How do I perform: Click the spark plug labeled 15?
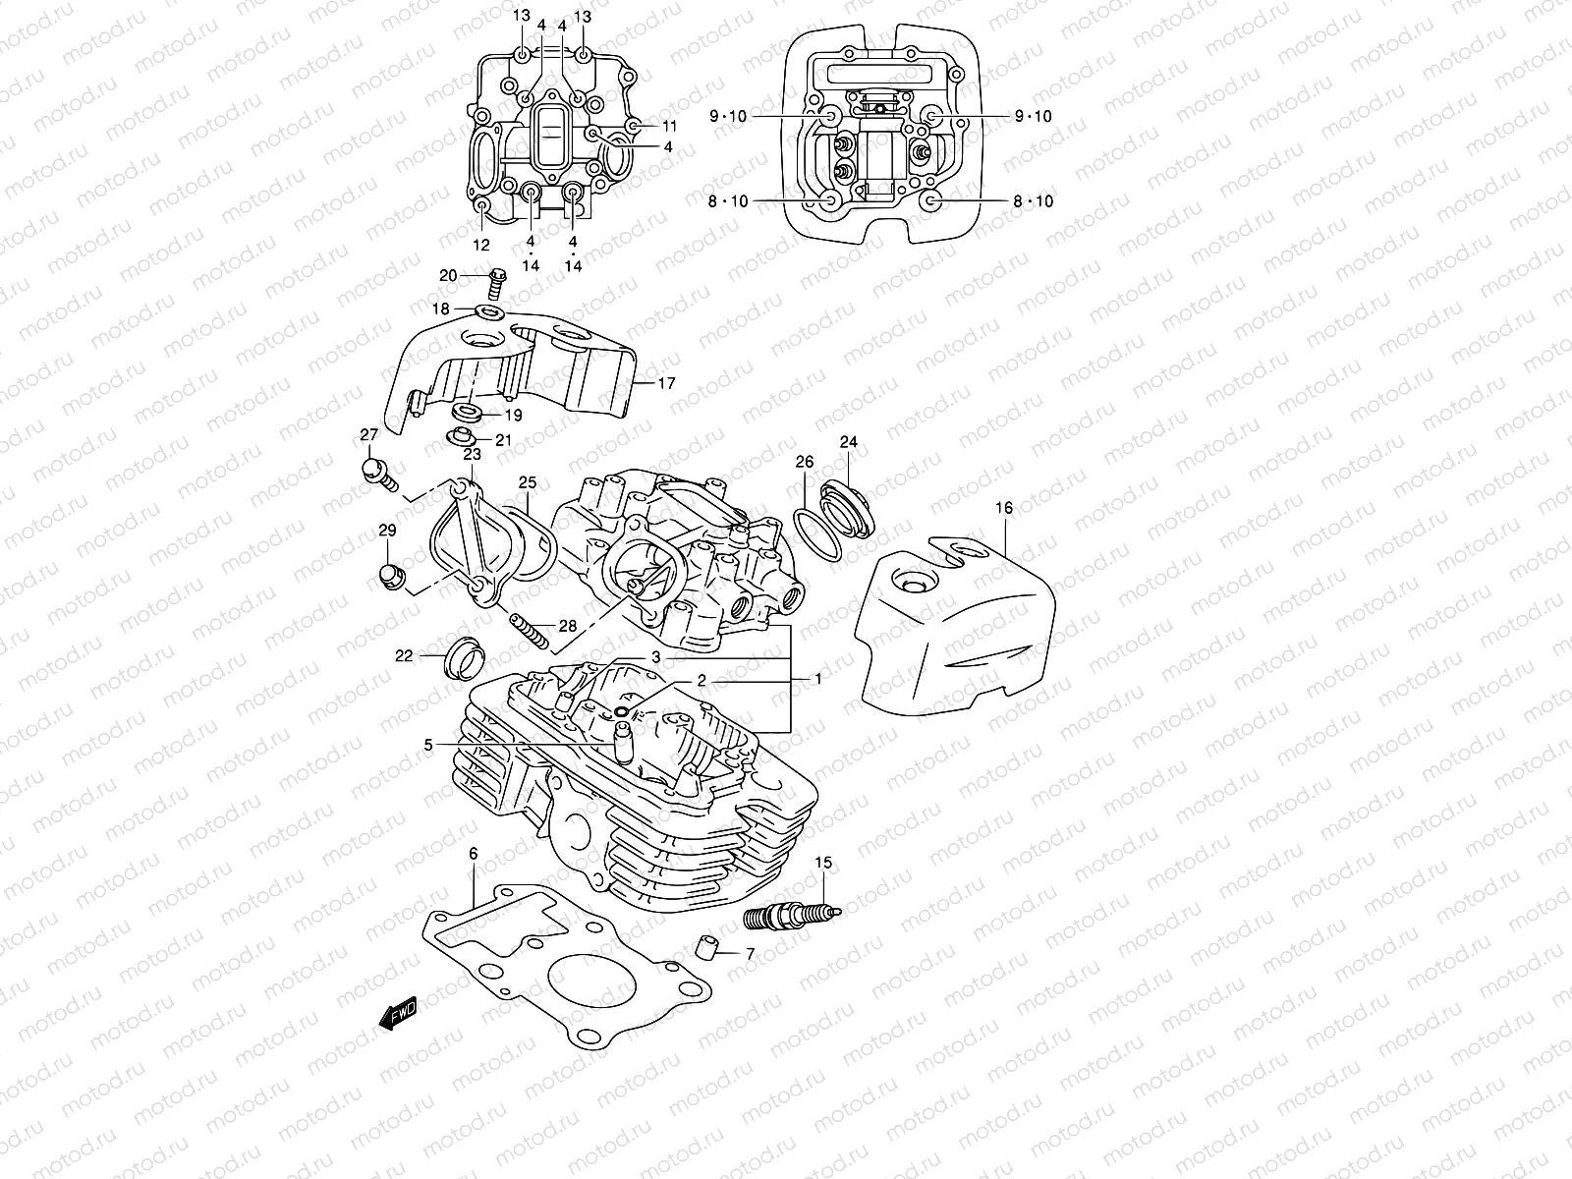(790, 917)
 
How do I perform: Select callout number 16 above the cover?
(1003, 508)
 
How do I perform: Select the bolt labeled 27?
(376, 472)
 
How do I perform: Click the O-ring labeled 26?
(815, 535)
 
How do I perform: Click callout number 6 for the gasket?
(473, 854)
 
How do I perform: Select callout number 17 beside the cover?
(666, 383)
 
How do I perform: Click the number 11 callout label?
(669, 126)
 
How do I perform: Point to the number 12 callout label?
(481, 245)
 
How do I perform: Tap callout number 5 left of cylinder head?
(428, 745)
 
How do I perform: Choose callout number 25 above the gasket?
(528, 482)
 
